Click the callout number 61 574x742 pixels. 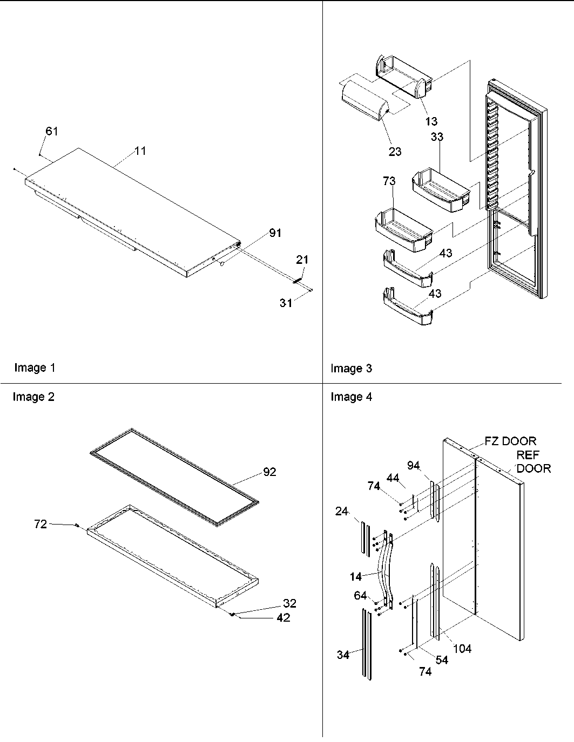(x=52, y=131)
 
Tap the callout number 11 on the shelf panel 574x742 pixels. (x=140, y=151)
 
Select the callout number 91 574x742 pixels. (x=275, y=233)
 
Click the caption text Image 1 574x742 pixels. (x=35, y=368)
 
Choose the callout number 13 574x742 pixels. (x=431, y=121)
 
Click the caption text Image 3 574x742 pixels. (x=351, y=369)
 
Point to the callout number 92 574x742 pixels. (x=269, y=472)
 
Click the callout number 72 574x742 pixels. (x=40, y=523)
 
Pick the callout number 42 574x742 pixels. (x=283, y=618)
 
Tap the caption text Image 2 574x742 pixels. (x=33, y=397)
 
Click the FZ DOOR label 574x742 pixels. (x=510, y=441)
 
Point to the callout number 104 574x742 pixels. (x=462, y=649)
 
